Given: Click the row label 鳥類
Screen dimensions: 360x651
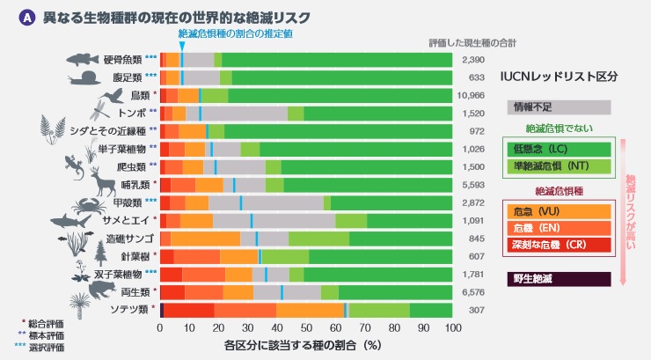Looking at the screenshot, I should tap(140, 95).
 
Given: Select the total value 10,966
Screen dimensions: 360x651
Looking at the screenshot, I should tap(472, 95).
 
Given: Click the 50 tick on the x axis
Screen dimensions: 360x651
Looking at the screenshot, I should tap(306, 327).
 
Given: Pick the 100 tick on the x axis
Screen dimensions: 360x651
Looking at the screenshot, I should tap(452, 327).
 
